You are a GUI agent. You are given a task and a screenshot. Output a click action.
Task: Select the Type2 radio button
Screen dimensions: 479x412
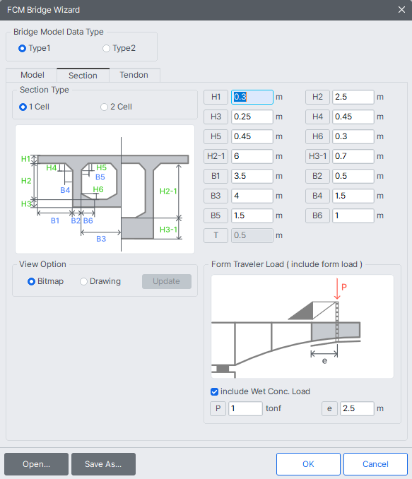[107, 48]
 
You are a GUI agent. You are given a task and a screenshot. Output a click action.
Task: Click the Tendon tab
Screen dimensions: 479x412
[134, 75]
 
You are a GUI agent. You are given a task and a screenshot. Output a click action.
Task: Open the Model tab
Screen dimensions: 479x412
[32, 75]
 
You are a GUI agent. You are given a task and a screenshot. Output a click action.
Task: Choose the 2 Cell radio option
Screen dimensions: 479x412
[104, 107]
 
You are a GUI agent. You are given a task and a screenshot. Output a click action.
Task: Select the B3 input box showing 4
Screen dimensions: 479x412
[252, 196]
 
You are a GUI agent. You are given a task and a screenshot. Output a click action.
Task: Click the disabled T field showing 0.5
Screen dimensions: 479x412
[252, 236]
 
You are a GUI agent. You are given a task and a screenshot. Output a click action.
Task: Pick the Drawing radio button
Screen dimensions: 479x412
[84, 281]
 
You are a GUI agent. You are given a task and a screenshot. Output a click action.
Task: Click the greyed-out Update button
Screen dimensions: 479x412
[166, 281]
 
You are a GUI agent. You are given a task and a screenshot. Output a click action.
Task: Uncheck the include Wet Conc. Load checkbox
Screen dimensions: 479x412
[215, 391]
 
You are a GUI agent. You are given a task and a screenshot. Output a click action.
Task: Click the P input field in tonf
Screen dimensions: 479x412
[245, 408]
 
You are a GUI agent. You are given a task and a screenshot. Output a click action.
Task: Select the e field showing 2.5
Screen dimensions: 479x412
[356, 408]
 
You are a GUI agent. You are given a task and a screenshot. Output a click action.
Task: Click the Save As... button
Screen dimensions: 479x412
[103, 464]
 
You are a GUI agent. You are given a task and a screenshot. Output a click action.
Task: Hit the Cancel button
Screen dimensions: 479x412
[375, 464]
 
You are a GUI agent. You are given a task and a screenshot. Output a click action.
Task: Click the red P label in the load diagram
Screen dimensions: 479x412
[344, 287]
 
